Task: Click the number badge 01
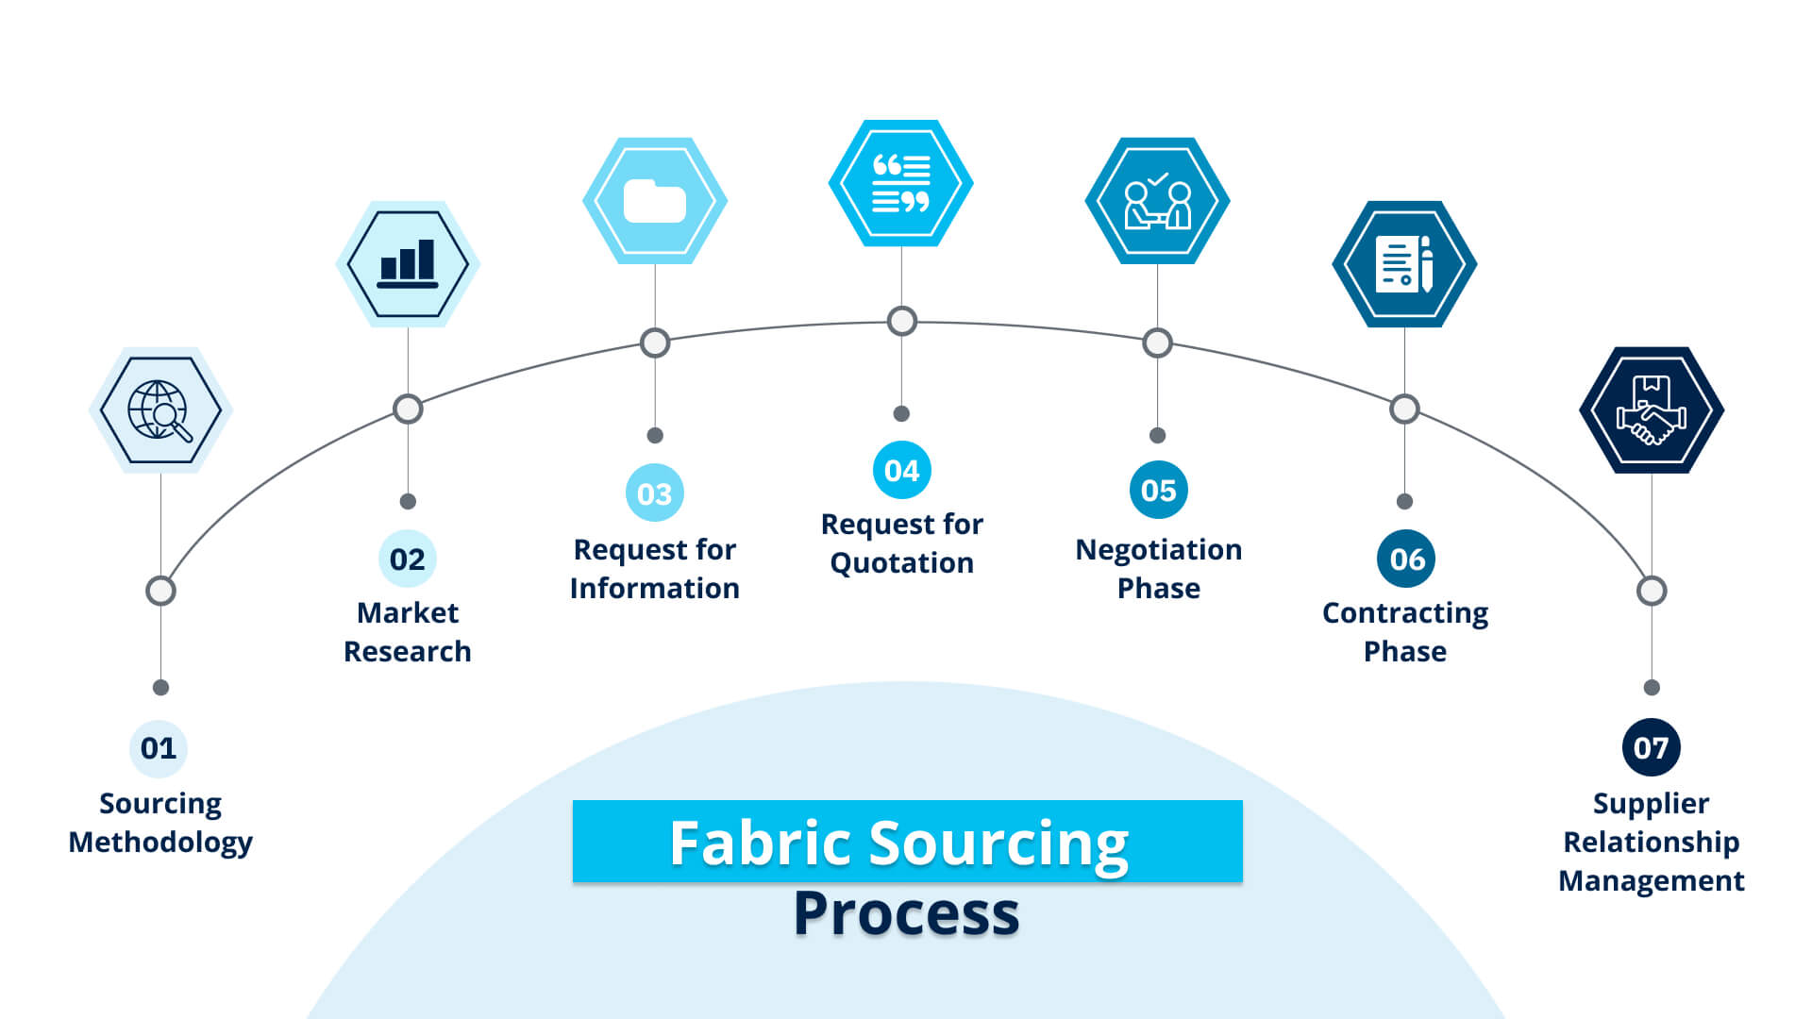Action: click(159, 748)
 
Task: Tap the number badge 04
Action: click(901, 470)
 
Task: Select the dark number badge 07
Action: click(1651, 748)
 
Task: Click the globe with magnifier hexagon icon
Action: click(160, 410)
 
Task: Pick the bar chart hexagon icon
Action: click(408, 264)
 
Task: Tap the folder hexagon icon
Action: click(655, 201)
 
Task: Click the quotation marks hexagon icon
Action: click(901, 183)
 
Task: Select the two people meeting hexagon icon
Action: click(1157, 201)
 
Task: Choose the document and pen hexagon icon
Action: click(1404, 264)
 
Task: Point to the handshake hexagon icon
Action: click(1652, 410)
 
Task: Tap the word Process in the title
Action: click(906, 913)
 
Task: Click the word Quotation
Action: click(901, 563)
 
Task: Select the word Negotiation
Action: click(1158, 550)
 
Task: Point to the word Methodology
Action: click(160, 842)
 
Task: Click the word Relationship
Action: click(1651, 842)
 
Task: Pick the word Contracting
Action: click(1404, 613)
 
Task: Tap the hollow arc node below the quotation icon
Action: click(901, 321)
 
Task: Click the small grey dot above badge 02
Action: click(408, 501)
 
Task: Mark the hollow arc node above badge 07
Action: click(1652, 591)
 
